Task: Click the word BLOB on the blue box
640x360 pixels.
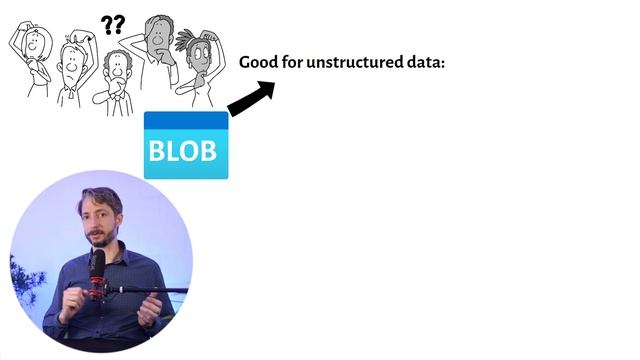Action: pyautogui.click(x=182, y=151)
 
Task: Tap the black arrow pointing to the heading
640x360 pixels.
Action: pyautogui.click(x=250, y=97)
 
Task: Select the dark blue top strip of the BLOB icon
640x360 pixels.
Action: pyautogui.click(x=186, y=120)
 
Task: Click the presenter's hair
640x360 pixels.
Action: pyautogui.click(x=103, y=198)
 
